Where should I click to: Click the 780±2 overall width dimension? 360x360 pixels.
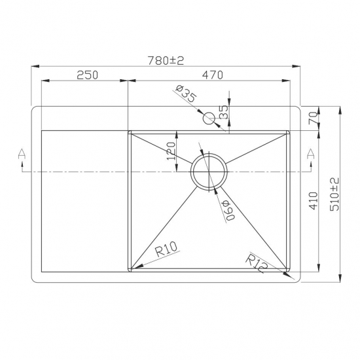click(166, 60)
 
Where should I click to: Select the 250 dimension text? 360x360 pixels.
click(87, 75)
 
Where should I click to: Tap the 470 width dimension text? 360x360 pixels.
click(212, 75)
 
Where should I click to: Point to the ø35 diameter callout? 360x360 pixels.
click(187, 96)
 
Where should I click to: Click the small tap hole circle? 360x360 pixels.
click(209, 118)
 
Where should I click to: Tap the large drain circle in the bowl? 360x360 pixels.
click(209, 171)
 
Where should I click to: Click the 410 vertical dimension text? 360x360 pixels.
click(314, 200)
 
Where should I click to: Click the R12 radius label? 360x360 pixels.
click(257, 264)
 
